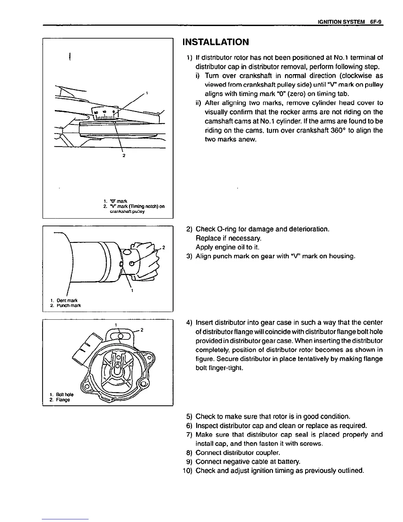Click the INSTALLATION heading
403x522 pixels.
(x=216, y=42)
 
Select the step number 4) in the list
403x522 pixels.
(x=189, y=322)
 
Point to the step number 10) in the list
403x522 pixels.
(x=188, y=470)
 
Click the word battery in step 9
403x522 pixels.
(x=280, y=461)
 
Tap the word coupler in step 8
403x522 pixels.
(x=268, y=452)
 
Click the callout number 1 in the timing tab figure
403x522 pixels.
(x=147, y=92)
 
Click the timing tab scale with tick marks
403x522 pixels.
(x=105, y=114)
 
